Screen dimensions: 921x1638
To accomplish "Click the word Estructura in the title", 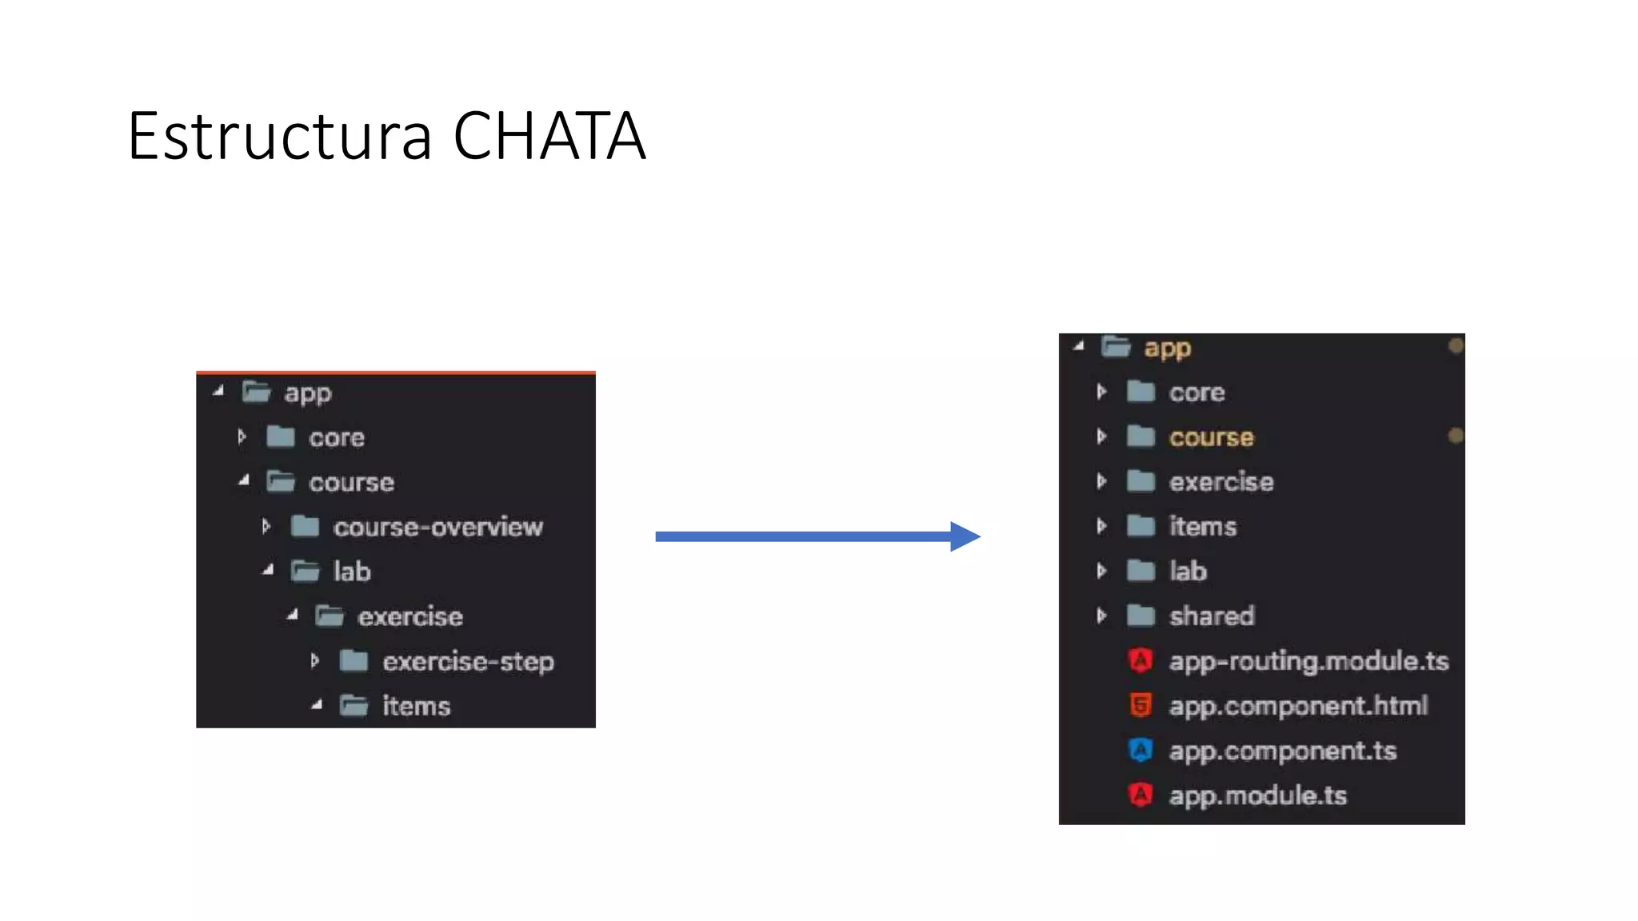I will [x=279, y=137].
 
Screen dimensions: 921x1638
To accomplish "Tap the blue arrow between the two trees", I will [x=817, y=536].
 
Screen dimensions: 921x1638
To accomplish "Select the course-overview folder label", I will [x=437, y=528].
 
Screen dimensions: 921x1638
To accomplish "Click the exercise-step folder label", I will [x=468, y=662].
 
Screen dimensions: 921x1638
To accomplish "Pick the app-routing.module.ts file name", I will [x=1308, y=661].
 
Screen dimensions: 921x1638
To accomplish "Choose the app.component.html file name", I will [x=1298, y=706].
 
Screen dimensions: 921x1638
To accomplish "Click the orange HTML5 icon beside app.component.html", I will [x=1141, y=705].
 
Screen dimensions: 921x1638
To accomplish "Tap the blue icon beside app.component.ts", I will [x=1141, y=750].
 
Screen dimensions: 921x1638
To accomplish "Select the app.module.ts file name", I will [x=1257, y=795].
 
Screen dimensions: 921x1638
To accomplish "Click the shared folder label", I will [x=1212, y=616].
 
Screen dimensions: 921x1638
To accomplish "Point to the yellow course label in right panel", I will [x=1211, y=437].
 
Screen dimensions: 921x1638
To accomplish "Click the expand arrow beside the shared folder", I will [x=1102, y=616].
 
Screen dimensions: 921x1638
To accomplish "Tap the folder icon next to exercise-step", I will [x=354, y=661].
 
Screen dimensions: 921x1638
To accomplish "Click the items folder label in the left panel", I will [x=416, y=707].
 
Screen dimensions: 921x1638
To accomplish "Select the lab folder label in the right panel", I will [x=1188, y=572].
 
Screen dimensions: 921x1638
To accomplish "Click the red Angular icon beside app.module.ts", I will [x=1141, y=795].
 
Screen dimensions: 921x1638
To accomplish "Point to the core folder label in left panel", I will [x=336, y=438].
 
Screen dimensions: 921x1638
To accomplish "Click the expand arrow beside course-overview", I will [x=266, y=527].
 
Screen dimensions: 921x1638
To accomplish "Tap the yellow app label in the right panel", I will [x=1167, y=349].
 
